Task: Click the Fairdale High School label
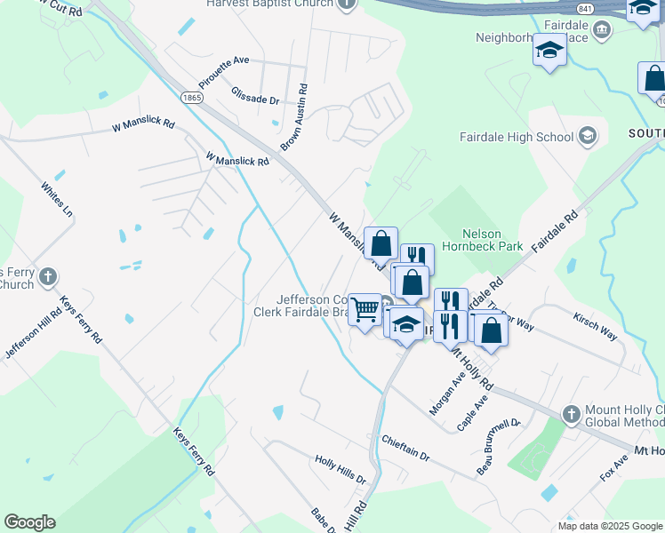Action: (517, 137)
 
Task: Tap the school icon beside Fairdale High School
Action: (587, 137)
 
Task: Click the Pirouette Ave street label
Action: (224, 73)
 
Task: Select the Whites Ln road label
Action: (56, 200)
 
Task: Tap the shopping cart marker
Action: (365, 310)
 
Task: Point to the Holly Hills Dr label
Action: (341, 469)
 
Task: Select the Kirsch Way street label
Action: (595, 327)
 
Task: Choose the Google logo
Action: (29, 522)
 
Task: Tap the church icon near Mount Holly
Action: (573, 413)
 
